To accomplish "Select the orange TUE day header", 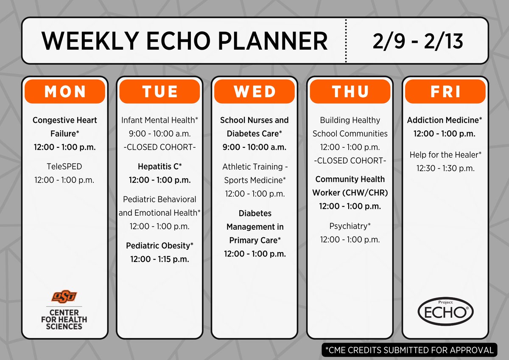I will [159, 92].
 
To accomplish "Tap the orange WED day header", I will [255, 92].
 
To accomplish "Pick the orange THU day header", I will [350, 92].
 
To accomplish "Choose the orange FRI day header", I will [445, 92].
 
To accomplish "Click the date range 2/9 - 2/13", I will [418, 41].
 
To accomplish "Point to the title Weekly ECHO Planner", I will [185, 41].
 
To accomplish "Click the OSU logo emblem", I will [64, 296].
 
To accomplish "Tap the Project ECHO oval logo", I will [445, 311].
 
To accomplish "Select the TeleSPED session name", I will [64, 167].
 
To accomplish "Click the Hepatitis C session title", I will [159, 167].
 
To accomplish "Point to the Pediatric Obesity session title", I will [159, 245].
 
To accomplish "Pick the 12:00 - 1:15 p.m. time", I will [159, 259].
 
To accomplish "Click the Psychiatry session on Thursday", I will [350, 226].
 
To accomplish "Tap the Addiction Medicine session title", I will [445, 120].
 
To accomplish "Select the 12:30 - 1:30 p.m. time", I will [445, 169].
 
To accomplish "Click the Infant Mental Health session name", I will [159, 120].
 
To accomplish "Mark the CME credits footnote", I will [409, 350].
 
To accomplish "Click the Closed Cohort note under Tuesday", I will [159, 147].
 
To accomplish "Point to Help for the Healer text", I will [445, 155].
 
